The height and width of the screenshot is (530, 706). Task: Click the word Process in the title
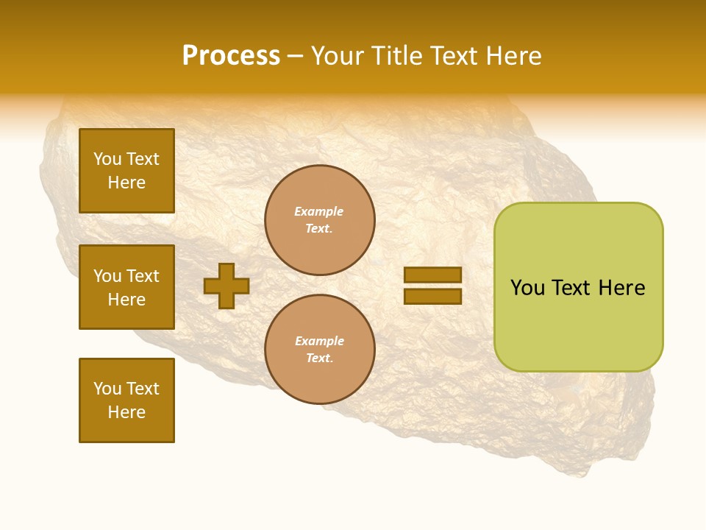[231, 56]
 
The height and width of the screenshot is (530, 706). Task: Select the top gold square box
[126, 171]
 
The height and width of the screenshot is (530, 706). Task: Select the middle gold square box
[126, 287]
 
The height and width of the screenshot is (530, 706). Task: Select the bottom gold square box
[126, 400]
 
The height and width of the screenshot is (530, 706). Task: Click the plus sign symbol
[227, 286]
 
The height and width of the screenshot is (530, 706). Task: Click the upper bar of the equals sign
[432, 275]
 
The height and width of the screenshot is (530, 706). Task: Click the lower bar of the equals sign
[432, 296]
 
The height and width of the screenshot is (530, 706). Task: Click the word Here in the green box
[621, 288]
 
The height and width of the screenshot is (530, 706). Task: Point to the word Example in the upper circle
[319, 211]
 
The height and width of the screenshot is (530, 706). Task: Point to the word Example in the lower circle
[319, 341]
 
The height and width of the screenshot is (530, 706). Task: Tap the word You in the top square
[107, 159]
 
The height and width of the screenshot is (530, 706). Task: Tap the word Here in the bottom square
[126, 412]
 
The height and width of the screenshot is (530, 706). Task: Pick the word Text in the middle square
[143, 276]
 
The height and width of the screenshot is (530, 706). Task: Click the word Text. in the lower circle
[319, 358]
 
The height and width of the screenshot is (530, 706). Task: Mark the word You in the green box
[527, 288]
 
